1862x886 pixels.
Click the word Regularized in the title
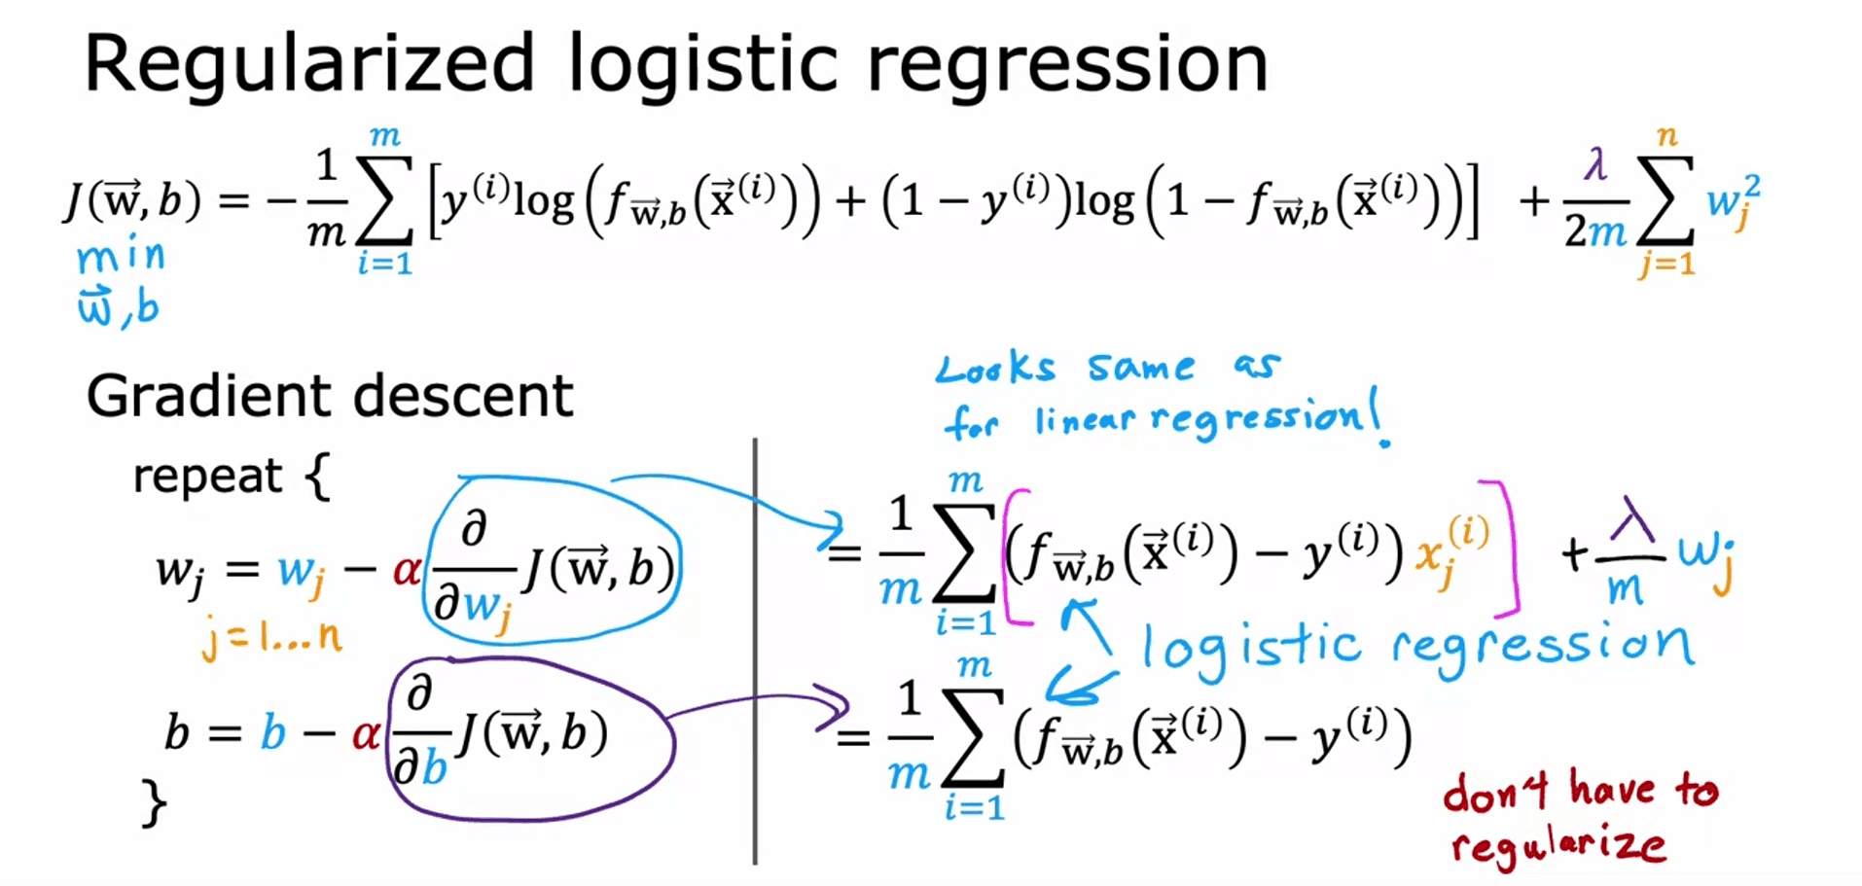(309, 64)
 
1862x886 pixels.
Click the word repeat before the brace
(207, 476)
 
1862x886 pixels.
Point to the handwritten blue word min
(121, 257)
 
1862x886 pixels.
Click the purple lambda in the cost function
(1594, 165)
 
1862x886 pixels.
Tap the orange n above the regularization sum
(1667, 136)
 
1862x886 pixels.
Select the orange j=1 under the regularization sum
(1666, 264)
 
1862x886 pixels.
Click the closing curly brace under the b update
(154, 803)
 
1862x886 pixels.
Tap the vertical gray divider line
(755, 652)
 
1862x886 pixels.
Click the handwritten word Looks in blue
(993, 369)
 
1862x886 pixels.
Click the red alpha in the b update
(366, 734)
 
